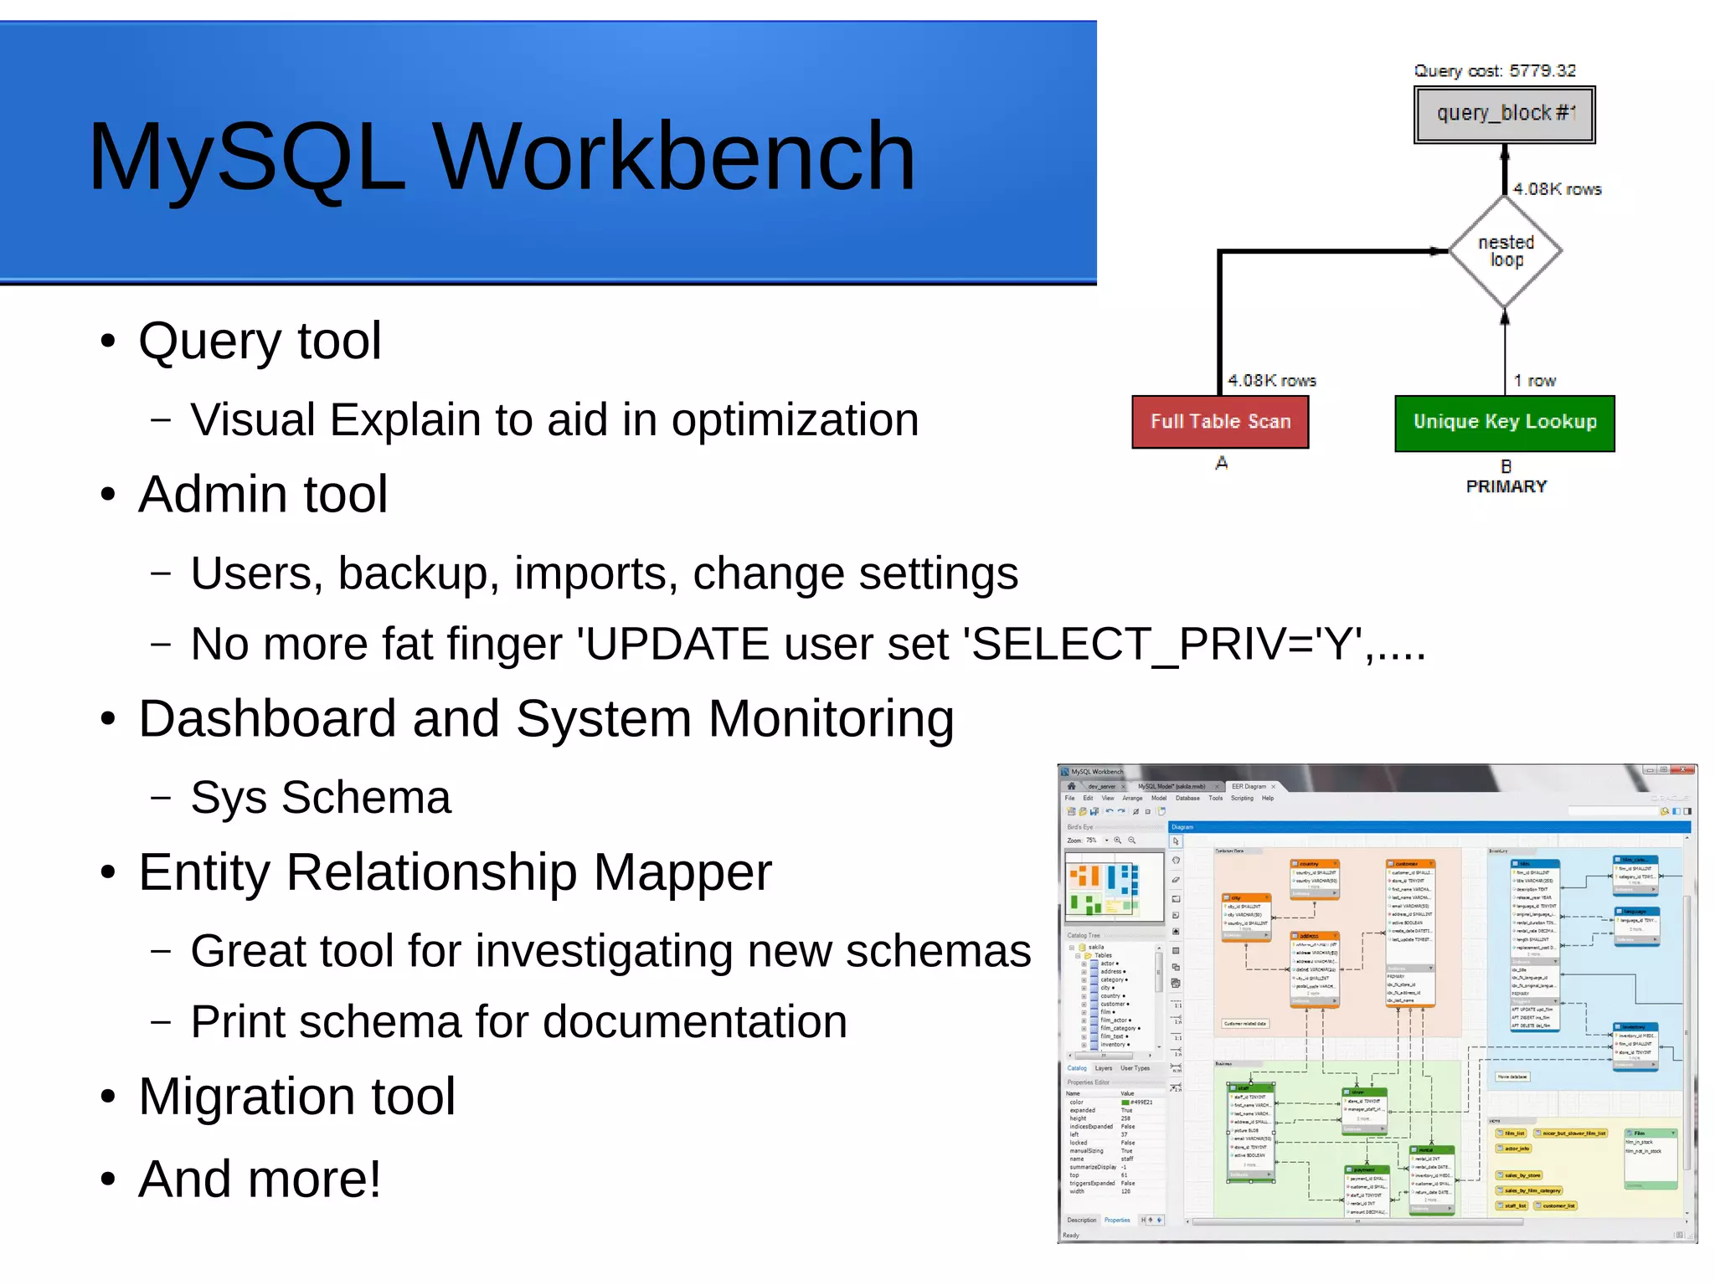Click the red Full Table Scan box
pyautogui.click(x=1220, y=422)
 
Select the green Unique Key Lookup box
pyautogui.click(x=1504, y=422)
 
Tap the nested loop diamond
pyautogui.click(x=1505, y=251)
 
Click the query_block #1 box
pyautogui.click(x=1504, y=114)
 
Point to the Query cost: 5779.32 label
pyautogui.click(x=1495, y=70)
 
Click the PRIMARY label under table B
pyautogui.click(x=1506, y=486)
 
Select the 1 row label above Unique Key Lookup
pyautogui.click(x=1534, y=381)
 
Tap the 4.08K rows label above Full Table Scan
pyautogui.click(x=1271, y=381)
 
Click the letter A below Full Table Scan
pyautogui.click(x=1221, y=463)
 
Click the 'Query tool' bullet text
pyautogui.click(x=260, y=342)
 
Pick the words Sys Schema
pyautogui.click(x=321, y=797)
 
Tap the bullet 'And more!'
pyautogui.click(x=260, y=1179)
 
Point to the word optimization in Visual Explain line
pyautogui.click(x=795, y=419)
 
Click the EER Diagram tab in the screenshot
pyautogui.click(x=1249, y=786)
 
